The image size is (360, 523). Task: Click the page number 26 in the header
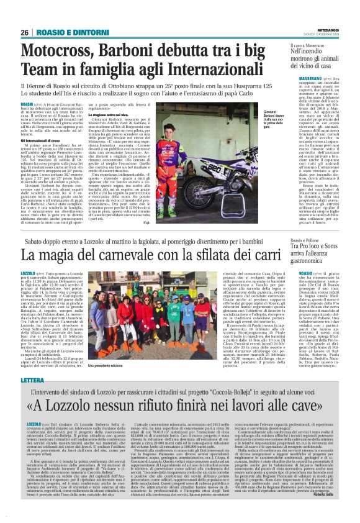click(25, 32)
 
